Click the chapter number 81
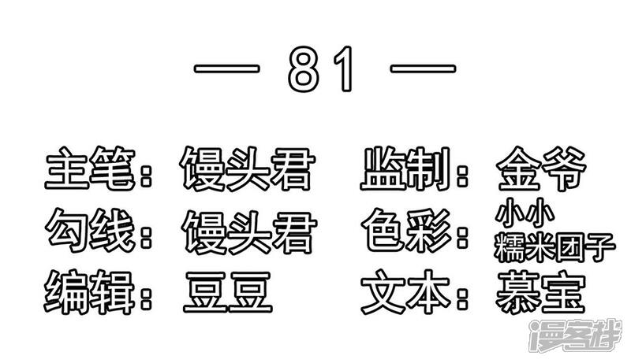click(320, 69)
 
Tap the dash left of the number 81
click(226, 69)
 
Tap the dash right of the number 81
click(423, 69)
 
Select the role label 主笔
click(90, 168)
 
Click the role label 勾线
click(90, 230)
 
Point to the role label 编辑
click(89, 292)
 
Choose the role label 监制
click(405, 168)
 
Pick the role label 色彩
click(406, 230)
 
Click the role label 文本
click(405, 292)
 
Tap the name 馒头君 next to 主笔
click(247, 168)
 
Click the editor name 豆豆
click(228, 292)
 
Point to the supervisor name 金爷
click(541, 168)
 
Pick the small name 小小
click(525, 213)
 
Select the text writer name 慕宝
click(540, 292)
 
